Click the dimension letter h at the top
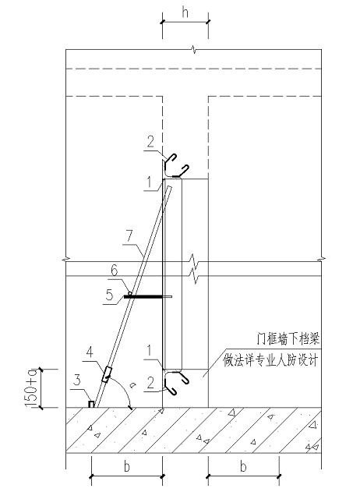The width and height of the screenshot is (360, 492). tap(185, 12)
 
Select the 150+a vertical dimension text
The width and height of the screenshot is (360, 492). tap(32, 388)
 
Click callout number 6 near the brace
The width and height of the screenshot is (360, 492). tap(115, 270)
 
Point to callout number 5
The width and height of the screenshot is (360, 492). tap(109, 296)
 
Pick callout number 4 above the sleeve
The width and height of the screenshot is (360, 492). tap(90, 354)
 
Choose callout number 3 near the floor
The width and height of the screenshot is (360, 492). tap(77, 381)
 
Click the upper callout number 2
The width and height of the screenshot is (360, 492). tap(151, 142)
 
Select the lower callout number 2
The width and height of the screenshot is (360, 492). tap(151, 383)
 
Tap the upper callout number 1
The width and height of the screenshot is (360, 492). tap(150, 182)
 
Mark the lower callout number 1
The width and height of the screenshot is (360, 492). tap(150, 351)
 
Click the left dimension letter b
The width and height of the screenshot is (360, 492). tap(127, 467)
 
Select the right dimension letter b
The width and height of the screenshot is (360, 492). tap(243, 467)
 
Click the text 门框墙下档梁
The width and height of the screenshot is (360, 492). tap(288, 339)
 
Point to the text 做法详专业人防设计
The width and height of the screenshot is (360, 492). tap(270, 361)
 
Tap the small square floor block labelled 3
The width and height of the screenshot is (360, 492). tap(91, 404)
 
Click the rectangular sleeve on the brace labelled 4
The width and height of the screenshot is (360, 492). tap(107, 374)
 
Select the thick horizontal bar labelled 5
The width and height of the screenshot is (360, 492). tap(143, 296)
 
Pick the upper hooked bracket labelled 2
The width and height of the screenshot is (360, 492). tap(175, 166)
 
